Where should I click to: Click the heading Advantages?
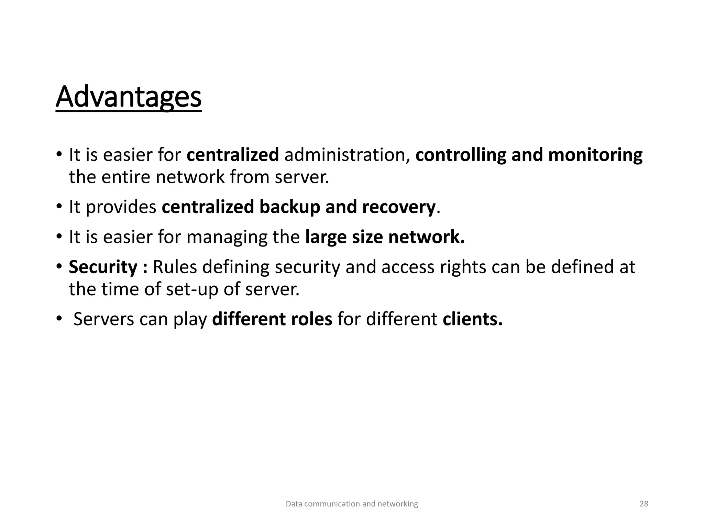click(x=129, y=97)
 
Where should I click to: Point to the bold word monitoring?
click(x=595, y=155)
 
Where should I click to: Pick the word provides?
click(x=121, y=207)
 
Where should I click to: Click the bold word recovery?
click(x=399, y=207)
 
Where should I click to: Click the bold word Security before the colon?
click(x=103, y=267)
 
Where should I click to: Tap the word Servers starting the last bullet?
click(x=104, y=319)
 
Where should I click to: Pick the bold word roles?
click(x=311, y=319)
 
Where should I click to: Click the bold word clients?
click(x=472, y=319)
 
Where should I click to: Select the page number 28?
click(x=644, y=504)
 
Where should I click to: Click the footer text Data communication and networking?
click(x=352, y=504)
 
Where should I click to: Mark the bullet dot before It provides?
click(x=59, y=206)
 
